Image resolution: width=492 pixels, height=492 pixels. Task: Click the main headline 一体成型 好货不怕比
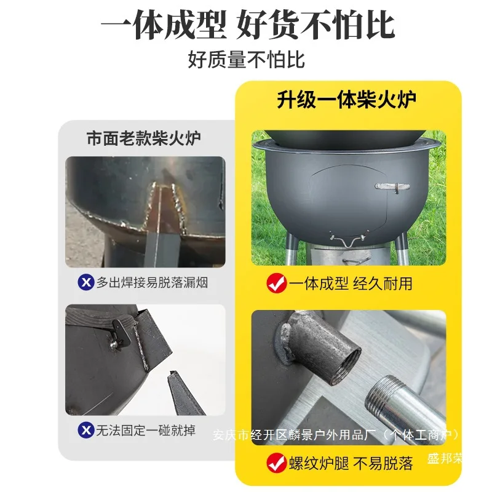pyautogui.click(x=248, y=25)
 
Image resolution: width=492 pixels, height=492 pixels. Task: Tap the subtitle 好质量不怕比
pyautogui.click(x=247, y=59)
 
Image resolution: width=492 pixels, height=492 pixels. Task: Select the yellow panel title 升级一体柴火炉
pyautogui.click(x=346, y=100)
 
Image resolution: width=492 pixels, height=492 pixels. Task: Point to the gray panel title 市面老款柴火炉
pyautogui.click(x=144, y=138)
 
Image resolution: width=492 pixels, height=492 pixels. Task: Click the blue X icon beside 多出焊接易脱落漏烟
pyautogui.click(x=86, y=282)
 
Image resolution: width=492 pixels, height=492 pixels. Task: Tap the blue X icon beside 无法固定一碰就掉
pyautogui.click(x=86, y=430)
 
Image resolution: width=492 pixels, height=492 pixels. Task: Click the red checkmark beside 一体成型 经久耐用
pyautogui.click(x=276, y=283)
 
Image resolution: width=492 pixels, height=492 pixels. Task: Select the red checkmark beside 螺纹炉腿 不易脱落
pyautogui.click(x=276, y=463)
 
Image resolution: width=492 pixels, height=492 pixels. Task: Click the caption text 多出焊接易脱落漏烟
pyautogui.click(x=152, y=282)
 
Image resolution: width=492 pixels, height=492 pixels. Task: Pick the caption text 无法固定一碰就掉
pyautogui.click(x=146, y=430)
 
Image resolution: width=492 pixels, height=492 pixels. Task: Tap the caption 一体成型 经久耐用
pyautogui.click(x=351, y=284)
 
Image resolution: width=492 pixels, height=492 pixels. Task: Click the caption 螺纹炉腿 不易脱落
pyautogui.click(x=351, y=464)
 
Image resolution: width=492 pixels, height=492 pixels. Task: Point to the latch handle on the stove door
pyautogui.click(x=392, y=187)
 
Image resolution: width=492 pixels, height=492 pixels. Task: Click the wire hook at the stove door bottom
pyautogui.click(x=349, y=240)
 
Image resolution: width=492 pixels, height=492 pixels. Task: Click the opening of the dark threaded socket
pyautogui.click(x=347, y=367)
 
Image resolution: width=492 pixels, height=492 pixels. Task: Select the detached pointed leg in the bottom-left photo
pyautogui.click(x=184, y=393)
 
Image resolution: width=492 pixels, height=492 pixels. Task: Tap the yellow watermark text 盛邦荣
pyautogui.click(x=445, y=459)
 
